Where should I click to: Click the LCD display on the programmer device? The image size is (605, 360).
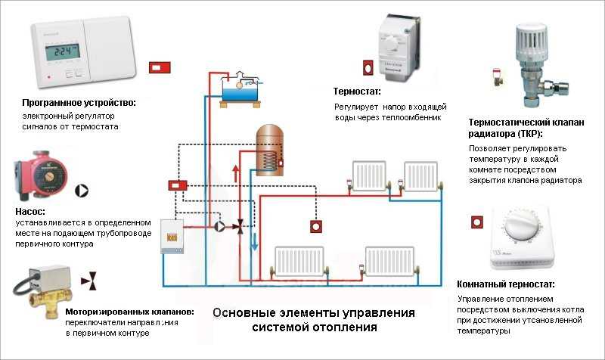[63, 51]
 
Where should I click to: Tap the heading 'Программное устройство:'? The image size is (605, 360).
[79, 103]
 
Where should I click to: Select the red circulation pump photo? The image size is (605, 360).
[40, 175]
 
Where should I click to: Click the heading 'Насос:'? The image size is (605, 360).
[30, 212]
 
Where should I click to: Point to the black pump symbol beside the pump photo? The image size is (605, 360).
[82, 191]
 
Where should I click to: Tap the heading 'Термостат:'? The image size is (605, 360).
[357, 92]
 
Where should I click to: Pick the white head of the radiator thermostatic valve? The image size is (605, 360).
[532, 42]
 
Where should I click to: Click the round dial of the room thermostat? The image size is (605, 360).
[521, 225]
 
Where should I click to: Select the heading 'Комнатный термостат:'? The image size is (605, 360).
[506, 284]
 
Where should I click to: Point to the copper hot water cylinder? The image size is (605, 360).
[270, 150]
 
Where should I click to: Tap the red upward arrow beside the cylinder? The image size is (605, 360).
[236, 173]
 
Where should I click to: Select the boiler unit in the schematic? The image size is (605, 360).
[172, 236]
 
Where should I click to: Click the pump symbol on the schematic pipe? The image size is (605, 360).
[219, 226]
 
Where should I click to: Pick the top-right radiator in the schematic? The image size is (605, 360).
[421, 177]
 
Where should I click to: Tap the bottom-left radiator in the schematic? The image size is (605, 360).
[299, 261]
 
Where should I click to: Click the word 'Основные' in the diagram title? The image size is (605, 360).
[240, 312]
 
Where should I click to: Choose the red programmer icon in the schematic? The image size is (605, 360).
[178, 185]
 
